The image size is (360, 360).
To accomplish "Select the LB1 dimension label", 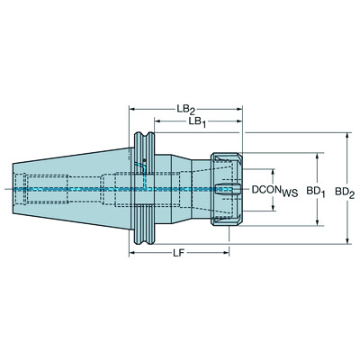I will pos(190,121).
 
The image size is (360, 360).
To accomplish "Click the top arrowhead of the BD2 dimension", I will pos(347,136).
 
